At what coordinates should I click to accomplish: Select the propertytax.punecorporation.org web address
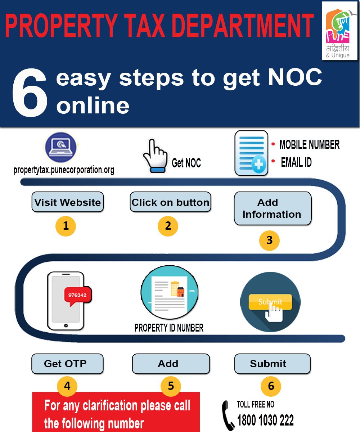tap(64, 170)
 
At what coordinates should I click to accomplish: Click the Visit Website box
tap(67, 202)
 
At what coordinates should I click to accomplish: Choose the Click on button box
tap(170, 202)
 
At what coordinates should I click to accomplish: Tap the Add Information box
tap(272, 208)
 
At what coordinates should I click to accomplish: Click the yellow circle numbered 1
tap(66, 226)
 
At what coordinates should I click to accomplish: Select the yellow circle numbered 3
tap(270, 240)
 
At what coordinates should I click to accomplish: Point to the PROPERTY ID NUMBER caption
tap(169, 328)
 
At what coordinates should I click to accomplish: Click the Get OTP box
tap(67, 364)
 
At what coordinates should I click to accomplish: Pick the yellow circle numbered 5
tap(171, 386)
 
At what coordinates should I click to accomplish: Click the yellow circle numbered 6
tap(271, 386)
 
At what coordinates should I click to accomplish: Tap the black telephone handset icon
tap(228, 415)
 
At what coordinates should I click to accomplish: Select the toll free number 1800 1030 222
tap(265, 420)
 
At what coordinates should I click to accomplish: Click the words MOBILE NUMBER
tap(309, 145)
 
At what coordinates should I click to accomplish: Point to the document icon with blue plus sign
tap(251, 153)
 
